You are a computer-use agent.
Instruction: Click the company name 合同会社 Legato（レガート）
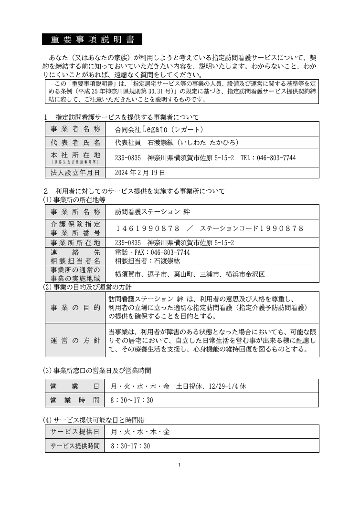point(159,129)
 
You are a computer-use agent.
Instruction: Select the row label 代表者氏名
point(76,142)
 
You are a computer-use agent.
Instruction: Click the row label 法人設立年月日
point(76,172)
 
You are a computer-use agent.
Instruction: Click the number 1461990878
point(148,228)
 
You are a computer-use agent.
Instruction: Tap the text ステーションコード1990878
point(252,228)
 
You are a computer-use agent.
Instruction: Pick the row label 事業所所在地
point(76,243)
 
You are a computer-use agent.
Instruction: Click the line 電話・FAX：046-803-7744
point(152,252)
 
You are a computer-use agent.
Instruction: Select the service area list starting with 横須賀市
point(190,274)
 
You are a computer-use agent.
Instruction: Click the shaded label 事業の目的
point(76,308)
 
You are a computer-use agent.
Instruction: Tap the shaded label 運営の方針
point(76,340)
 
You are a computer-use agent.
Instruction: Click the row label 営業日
point(76,386)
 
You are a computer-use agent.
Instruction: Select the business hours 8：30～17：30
point(131,400)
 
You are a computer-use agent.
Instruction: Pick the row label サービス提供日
point(76,432)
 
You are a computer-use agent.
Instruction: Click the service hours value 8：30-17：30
point(130,446)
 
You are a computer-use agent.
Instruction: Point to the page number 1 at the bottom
point(179,465)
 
